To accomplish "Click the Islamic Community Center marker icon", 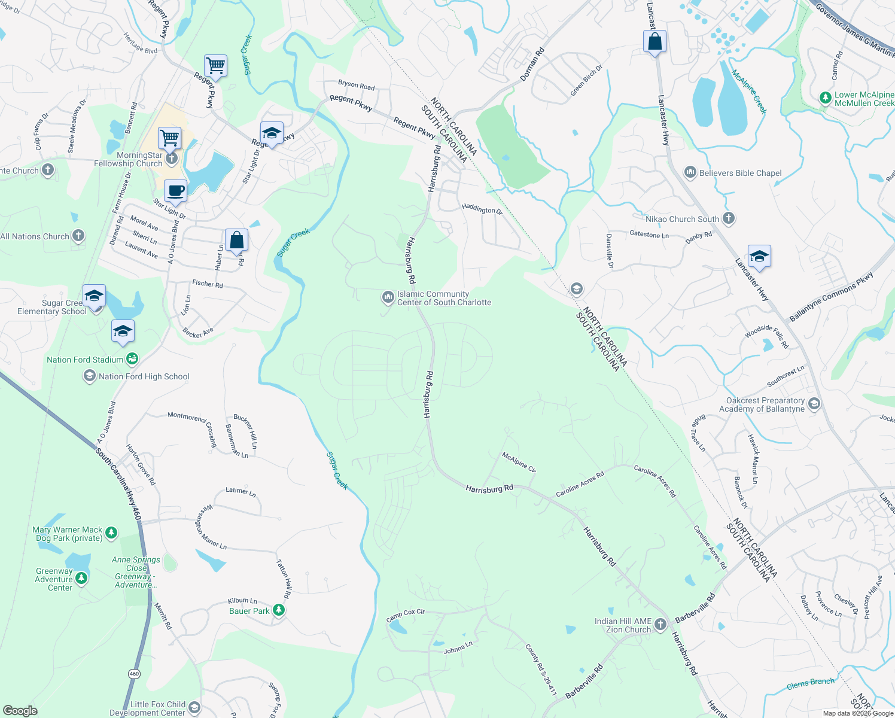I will coord(388,297).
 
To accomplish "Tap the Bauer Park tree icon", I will coord(279,610).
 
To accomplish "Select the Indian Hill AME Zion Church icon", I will coord(660,625).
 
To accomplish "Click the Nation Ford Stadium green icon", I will coord(133,359).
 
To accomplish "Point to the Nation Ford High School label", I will coord(144,376).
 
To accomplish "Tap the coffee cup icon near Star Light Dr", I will coord(175,191).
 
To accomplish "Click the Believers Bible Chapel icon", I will coord(690,173).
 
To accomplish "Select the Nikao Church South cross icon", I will coord(729,218).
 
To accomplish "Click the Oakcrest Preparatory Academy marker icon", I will coord(814,404).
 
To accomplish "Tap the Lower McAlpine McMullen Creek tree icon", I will coord(826,98).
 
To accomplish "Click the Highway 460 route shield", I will coord(134,674).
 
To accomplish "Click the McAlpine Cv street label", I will coord(519,462).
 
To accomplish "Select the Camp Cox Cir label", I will coord(406,614).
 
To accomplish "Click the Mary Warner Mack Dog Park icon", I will coord(111,533).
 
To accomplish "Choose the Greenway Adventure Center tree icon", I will coord(81,578).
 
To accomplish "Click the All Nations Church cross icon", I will coord(78,236).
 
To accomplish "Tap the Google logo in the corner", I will coord(20,710).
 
